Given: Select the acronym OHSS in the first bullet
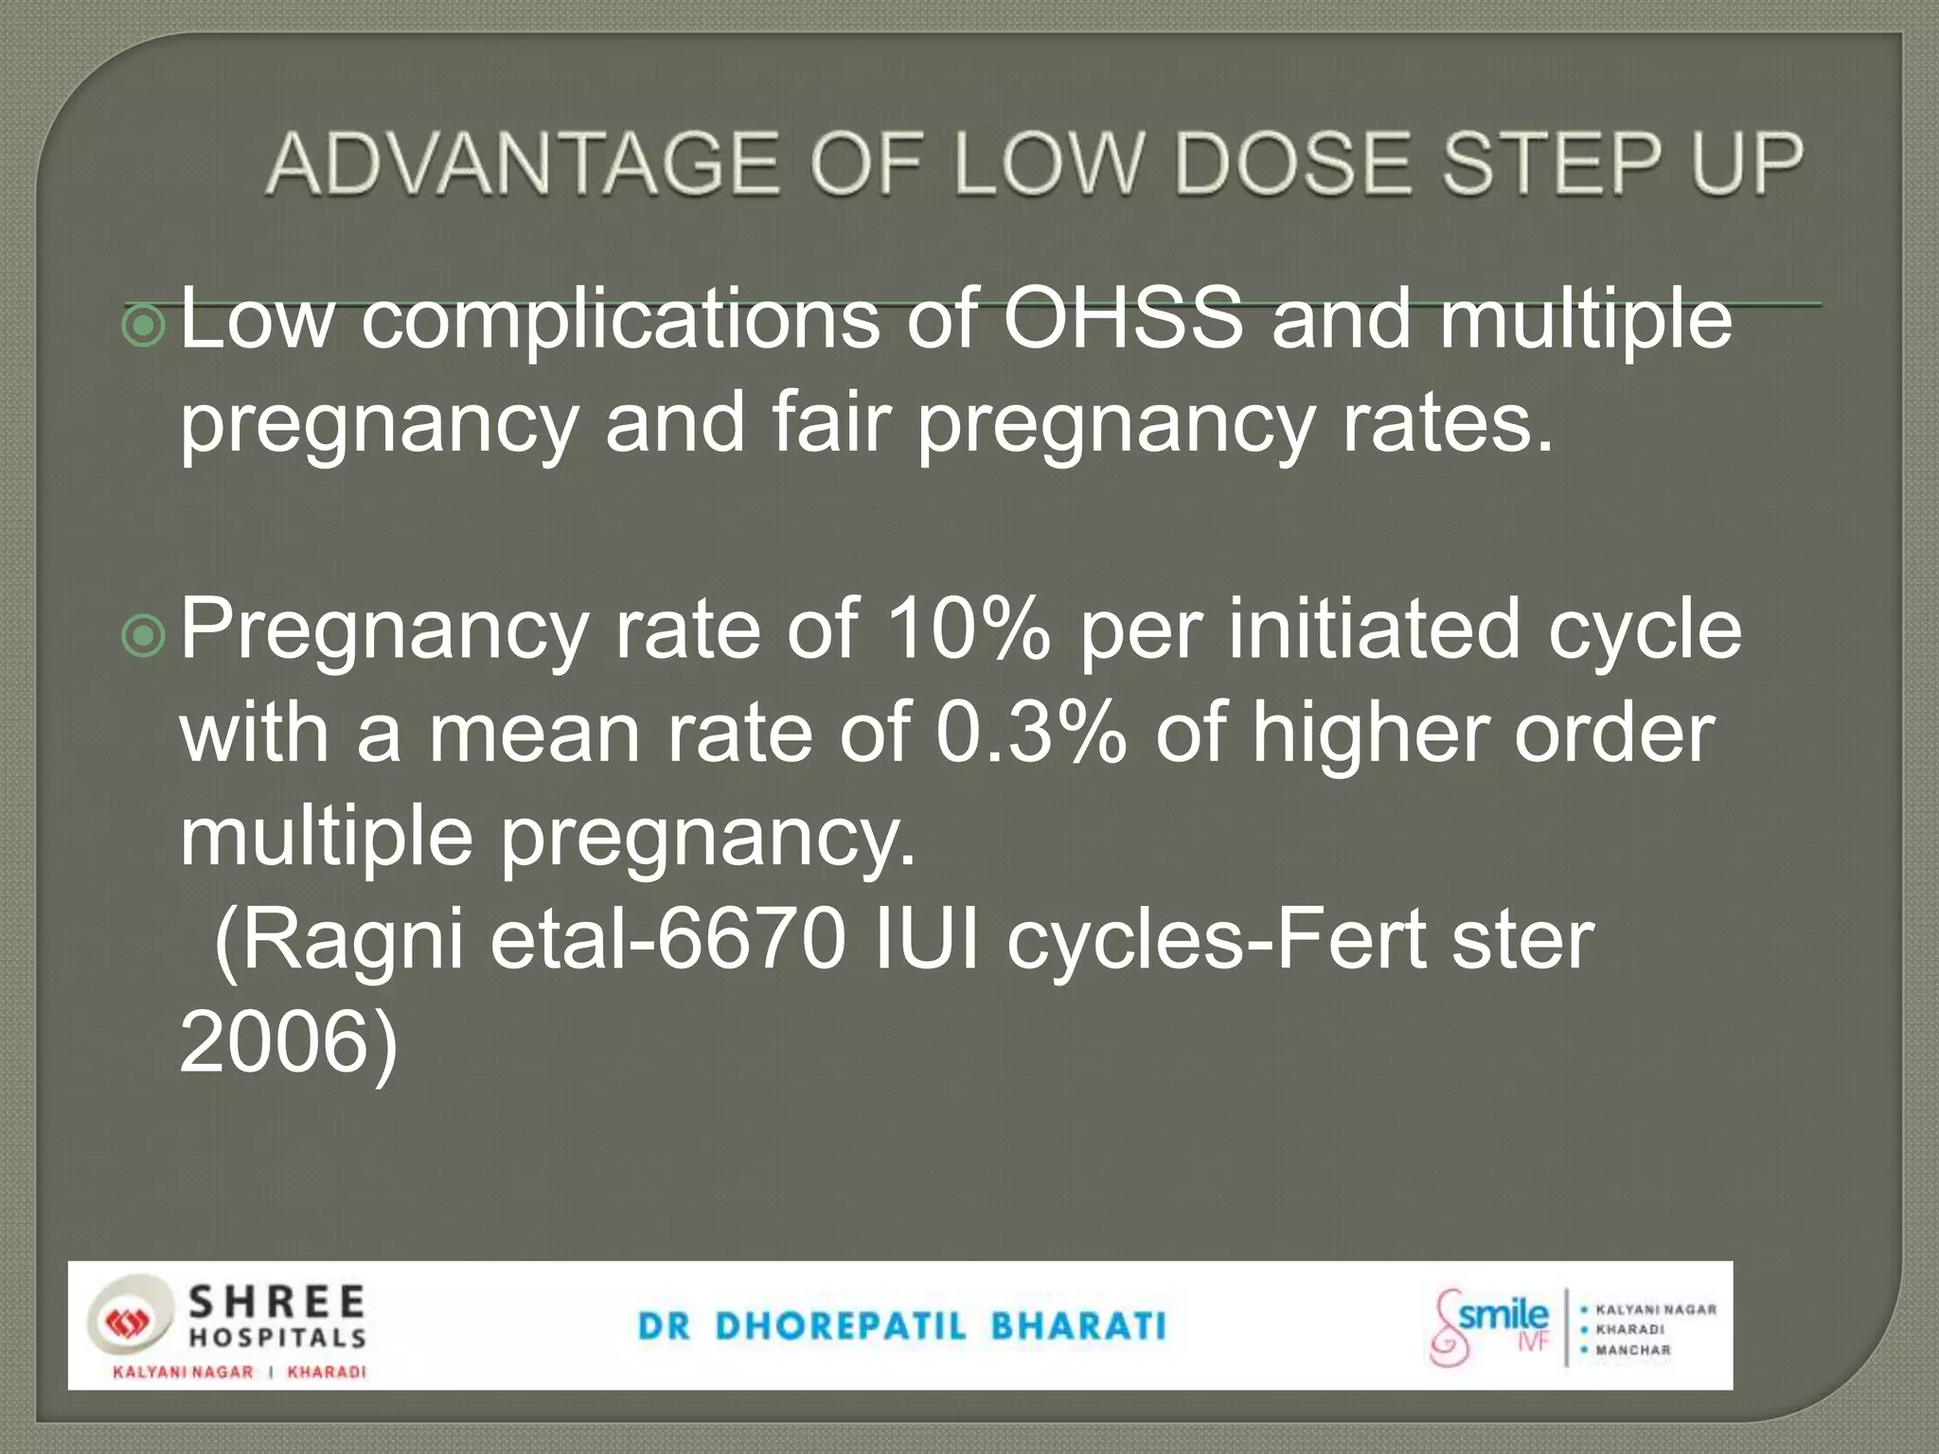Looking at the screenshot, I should [x=1123, y=319].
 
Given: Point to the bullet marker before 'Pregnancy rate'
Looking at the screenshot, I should [x=145, y=637].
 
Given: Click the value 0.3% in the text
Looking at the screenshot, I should [x=1031, y=733].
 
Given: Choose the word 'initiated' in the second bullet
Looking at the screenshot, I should [x=1375, y=629].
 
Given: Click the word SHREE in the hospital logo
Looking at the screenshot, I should [x=276, y=1303].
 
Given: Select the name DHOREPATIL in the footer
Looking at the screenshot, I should [x=841, y=1326].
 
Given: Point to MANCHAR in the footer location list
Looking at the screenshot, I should [x=1633, y=1351].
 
